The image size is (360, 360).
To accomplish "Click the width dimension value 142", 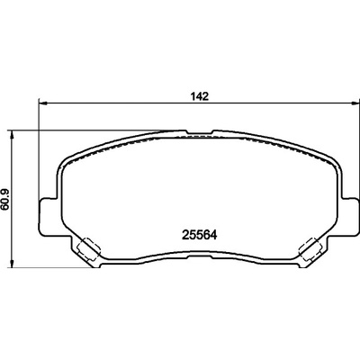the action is (x=200, y=97).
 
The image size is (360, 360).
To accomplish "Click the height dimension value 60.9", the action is (x=6, y=200).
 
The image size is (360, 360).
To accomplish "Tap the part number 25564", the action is (x=200, y=235).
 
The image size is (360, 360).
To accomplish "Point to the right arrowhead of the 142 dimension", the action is (x=354, y=103).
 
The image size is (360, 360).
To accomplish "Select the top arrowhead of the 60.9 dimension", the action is (x=12, y=135).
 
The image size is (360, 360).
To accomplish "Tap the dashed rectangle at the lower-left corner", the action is (x=88, y=249).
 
